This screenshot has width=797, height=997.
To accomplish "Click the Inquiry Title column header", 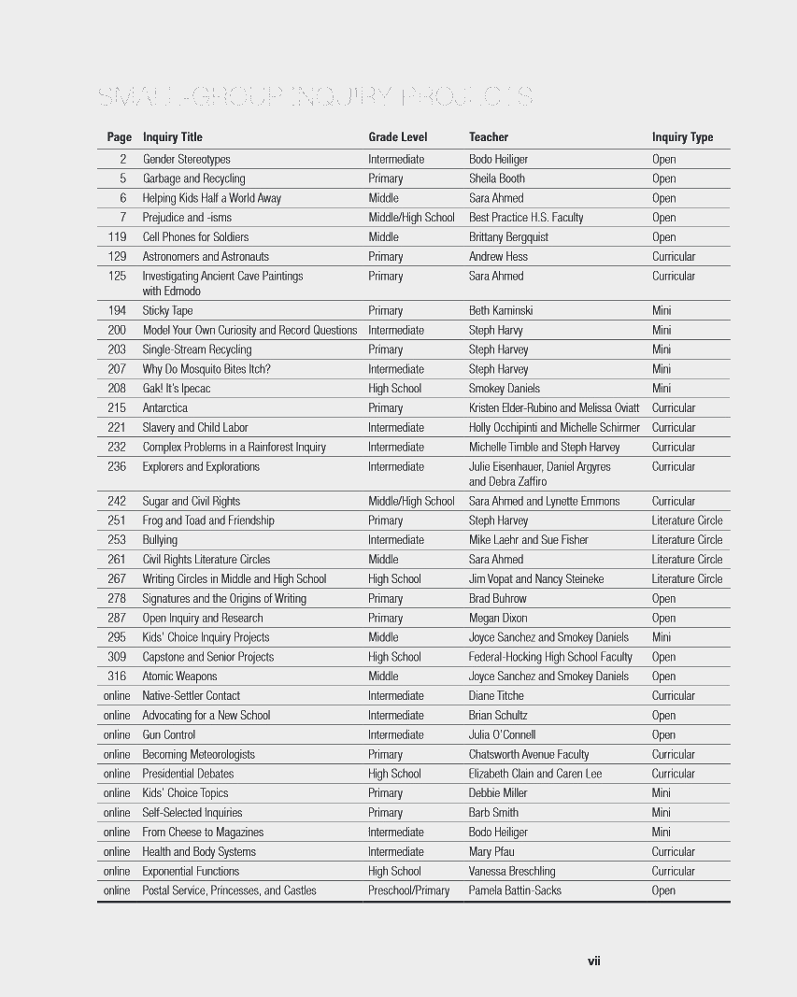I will pos(172,137).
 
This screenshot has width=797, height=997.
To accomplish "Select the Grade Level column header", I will pos(397,137).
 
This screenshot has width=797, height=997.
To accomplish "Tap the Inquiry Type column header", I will pos(682,137).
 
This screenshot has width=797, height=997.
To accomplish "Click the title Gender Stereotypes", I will pos(186,159).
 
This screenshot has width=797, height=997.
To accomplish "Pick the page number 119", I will pos(117,237).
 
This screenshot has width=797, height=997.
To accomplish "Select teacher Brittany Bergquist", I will pos(508,237).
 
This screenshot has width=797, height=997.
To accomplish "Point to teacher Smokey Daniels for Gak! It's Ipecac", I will pos(504,389).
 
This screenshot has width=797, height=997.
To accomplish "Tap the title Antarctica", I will pos(164,408).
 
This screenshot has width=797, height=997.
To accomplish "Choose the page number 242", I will pos(117,502).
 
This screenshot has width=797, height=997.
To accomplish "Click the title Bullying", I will pos(160,540).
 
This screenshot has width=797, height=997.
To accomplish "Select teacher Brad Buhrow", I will pos(497,599).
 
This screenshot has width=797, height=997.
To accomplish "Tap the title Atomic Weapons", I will pos(179,677).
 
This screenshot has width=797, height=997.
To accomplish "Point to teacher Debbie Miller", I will pos(498,793).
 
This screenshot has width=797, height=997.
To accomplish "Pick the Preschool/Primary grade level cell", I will pos(408,890).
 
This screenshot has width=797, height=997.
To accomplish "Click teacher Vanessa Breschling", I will pos(511,872).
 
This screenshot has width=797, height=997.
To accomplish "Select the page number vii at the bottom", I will pos(593,961).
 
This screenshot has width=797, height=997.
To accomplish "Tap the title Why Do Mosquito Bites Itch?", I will pos(206,369).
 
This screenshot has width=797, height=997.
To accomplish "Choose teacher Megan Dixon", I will pos(497,619).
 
